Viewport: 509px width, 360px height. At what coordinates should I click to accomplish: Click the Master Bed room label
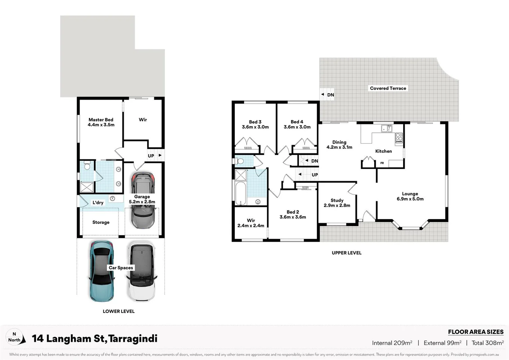pyautogui.click(x=101, y=120)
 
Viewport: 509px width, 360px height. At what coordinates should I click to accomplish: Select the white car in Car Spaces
pyautogui.click(x=142, y=272)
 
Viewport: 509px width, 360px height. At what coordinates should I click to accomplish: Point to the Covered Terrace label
pyautogui.click(x=388, y=88)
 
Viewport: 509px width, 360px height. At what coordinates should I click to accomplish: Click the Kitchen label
pyautogui.click(x=383, y=151)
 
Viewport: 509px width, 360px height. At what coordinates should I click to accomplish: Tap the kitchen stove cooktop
pyautogui.click(x=399, y=138)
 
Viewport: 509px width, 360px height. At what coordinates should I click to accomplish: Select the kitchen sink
pyautogui.click(x=386, y=128)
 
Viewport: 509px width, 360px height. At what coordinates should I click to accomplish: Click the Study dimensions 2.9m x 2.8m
pyautogui.click(x=337, y=205)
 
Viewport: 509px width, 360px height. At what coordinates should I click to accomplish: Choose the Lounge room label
pyautogui.click(x=410, y=194)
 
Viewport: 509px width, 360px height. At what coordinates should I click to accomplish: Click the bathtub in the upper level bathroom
pyautogui.click(x=240, y=193)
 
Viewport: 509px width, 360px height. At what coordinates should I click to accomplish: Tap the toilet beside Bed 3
pyautogui.click(x=240, y=161)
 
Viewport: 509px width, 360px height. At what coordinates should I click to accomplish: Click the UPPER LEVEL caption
pyautogui.click(x=346, y=253)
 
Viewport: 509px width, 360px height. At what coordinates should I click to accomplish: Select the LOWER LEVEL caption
pyautogui.click(x=119, y=311)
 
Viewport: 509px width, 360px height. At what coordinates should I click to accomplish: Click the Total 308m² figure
pyautogui.click(x=487, y=343)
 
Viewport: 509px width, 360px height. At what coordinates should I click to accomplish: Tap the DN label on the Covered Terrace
pyautogui.click(x=330, y=95)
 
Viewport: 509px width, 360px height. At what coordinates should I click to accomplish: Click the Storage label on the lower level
pyautogui.click(x=101, y=222)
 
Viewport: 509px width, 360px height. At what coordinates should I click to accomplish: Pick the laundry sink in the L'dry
pyautogui.click(x=113, y=199)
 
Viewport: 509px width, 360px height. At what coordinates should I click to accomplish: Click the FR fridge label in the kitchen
pyautogui.click(x=382, y=163)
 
